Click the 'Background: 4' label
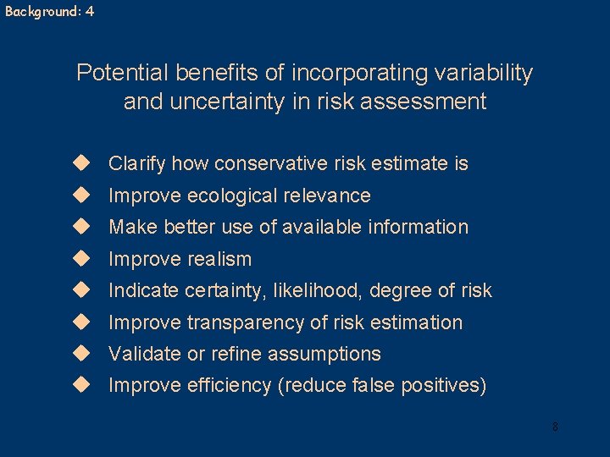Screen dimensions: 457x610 (x=49, y=12)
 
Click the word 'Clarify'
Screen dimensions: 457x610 (x=137, y=163)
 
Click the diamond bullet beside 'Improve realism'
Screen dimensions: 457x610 (x=81, y=257)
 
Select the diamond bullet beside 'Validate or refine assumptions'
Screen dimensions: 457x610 (x=81, y=353)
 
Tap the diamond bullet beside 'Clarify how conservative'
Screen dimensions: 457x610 (x=81, y=162)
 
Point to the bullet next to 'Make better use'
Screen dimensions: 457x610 (x=81, y=226)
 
